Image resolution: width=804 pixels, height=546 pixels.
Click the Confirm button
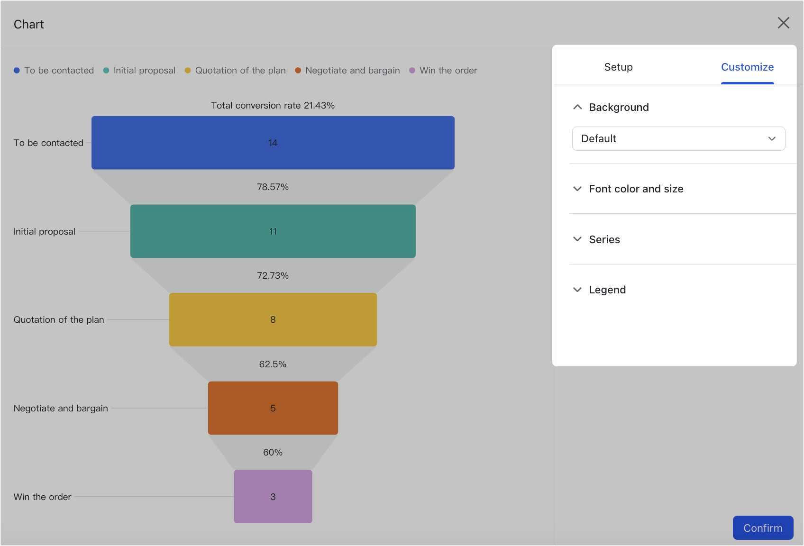click(763, 528)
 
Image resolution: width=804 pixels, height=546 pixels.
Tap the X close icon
click(783, 23)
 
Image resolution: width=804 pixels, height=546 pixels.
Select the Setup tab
click(618, 67)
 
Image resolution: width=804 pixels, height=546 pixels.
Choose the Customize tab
click(747, 67)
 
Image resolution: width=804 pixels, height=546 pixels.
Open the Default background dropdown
click(678, 138)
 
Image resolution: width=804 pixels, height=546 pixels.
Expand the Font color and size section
click(636, 189)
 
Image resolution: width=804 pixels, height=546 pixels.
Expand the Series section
click(604, 239)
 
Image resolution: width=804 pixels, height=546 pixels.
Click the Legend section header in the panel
click(607, 290)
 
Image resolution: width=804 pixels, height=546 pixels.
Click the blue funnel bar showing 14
click(273, 143)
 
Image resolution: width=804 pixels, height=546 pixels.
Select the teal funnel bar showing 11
click(273, 231)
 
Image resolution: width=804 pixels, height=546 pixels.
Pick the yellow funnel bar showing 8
click(273, 319)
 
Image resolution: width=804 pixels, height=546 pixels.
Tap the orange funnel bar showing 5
click(273, 408)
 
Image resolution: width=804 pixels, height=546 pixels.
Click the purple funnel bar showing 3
click(273, 497)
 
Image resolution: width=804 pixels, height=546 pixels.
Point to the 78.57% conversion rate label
click(273, 187)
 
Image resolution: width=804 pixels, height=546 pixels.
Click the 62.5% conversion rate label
click(273, 364)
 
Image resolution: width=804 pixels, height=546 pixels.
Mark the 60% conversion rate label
click(273, 452)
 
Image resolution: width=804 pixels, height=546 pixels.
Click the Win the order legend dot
click(412, 70)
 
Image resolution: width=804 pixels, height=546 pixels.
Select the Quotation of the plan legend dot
click(188, 70)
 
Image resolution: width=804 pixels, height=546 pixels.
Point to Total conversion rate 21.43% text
click(273, 105)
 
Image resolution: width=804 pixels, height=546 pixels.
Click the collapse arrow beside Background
click(577, 107)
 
